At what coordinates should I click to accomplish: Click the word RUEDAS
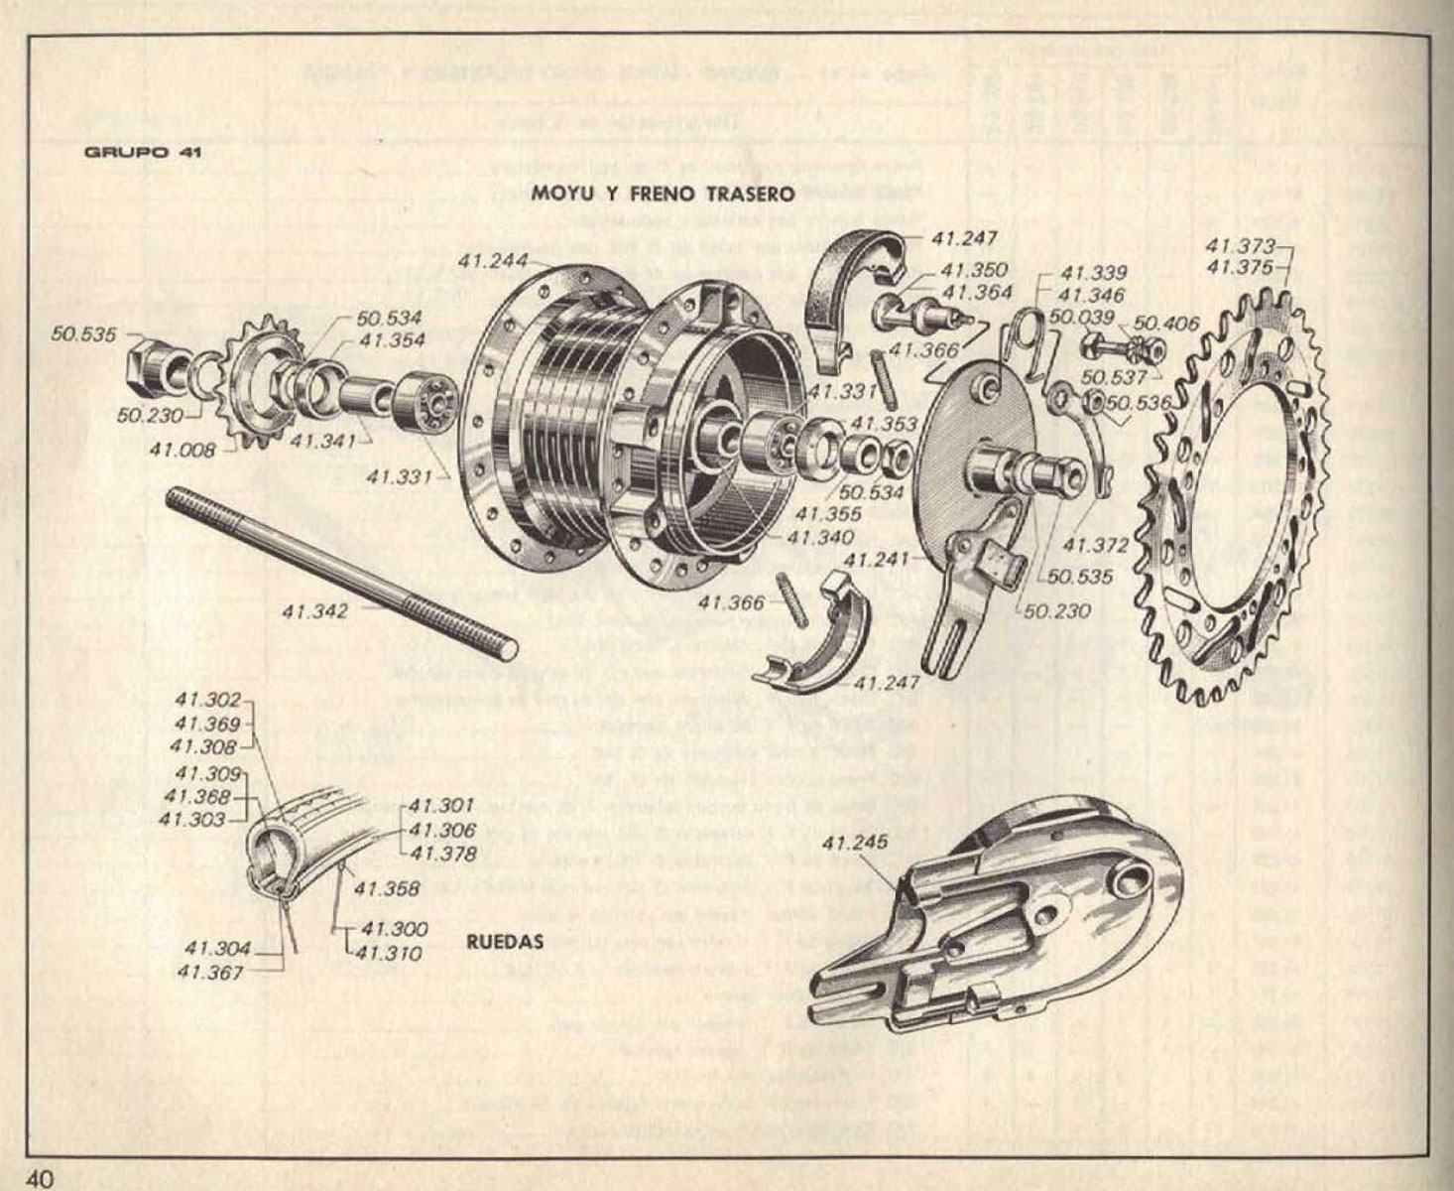[x=504, y=942]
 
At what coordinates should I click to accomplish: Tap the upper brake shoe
[x=843, y=288]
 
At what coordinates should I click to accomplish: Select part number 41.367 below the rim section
[x=211, y=974]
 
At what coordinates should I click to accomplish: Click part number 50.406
[x=1166, y=323]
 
